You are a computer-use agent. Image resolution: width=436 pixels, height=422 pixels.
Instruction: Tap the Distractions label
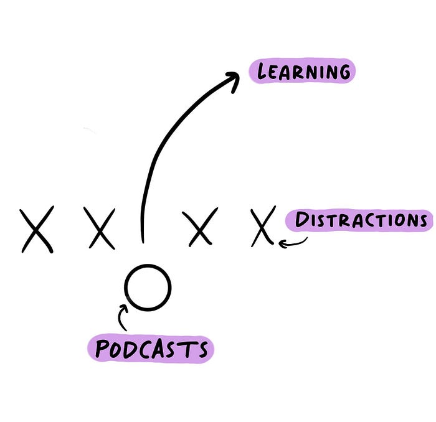(359, 221)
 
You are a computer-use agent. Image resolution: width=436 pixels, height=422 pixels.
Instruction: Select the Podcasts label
(150, 349)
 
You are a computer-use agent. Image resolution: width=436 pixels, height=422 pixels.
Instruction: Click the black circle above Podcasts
(147, 288)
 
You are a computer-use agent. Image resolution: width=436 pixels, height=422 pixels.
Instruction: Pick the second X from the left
(100, 229)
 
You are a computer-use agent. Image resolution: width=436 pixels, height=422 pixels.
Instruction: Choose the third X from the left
(199, 227)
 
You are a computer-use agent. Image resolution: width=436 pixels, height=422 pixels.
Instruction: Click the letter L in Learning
(263, 72)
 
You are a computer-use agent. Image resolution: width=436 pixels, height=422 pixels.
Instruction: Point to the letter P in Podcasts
(102, 349)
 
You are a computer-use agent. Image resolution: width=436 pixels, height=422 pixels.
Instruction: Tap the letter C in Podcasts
(150, 349)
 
